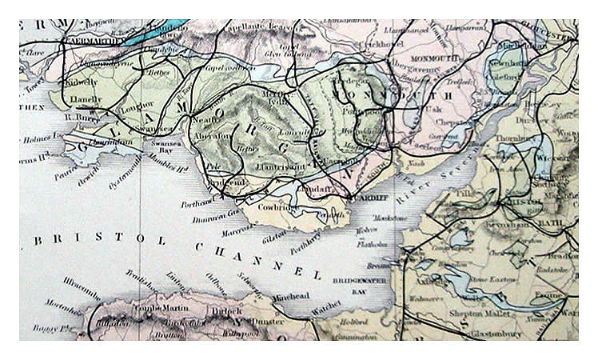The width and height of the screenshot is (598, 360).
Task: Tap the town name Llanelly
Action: point(86,100)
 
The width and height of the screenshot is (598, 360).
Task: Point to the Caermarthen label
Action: point(94,40)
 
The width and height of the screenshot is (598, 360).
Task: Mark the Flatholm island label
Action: point(369,238)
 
